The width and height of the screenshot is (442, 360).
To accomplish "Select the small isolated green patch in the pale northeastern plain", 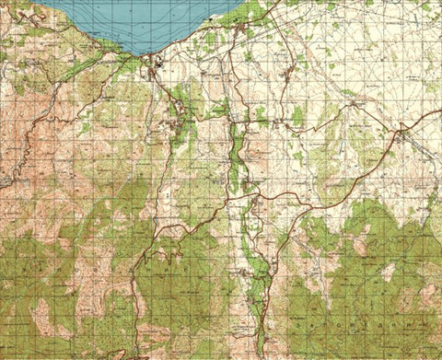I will [x=298, y=115].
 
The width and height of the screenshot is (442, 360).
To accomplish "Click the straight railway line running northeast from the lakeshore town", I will [x=198, y=46].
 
